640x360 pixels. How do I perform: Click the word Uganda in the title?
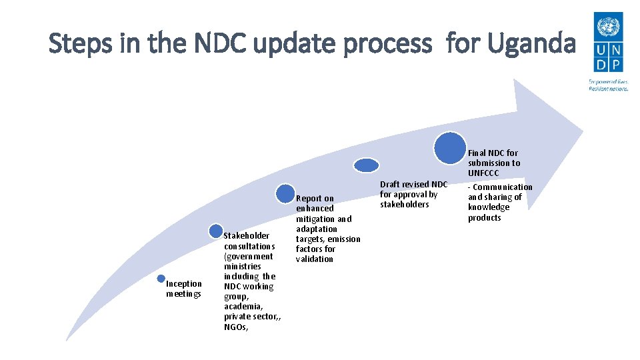[x=531, y=44]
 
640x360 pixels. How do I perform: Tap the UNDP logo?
[x=608, y=43]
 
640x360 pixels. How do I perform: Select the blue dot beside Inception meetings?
[x=161, y=279]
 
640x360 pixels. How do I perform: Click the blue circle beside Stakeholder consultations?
[x=216, y=231]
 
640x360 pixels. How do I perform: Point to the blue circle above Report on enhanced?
[x=285, y=194]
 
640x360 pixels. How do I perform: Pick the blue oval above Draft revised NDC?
[x=366, y=165]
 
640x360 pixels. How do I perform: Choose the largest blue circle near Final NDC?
[x=450, y=148]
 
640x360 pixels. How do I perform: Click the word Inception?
[x=184, y=284]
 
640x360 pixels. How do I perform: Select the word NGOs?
[x=235, y=327]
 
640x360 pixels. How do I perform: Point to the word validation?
[x=315, y=259]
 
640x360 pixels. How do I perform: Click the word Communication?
[x=503, y=187]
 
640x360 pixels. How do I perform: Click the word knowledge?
[x=489, y=207]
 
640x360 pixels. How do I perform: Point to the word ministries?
[x=243, y=266]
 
